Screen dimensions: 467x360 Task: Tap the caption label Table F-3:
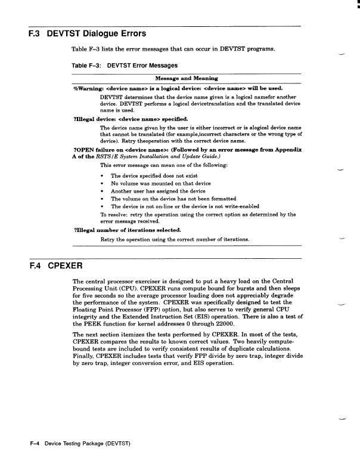point(86,66)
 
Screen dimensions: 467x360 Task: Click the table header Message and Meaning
point(187,78)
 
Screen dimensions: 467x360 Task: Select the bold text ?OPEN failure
point(96,150)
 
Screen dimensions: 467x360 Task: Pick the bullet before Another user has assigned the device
point(104,191)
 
